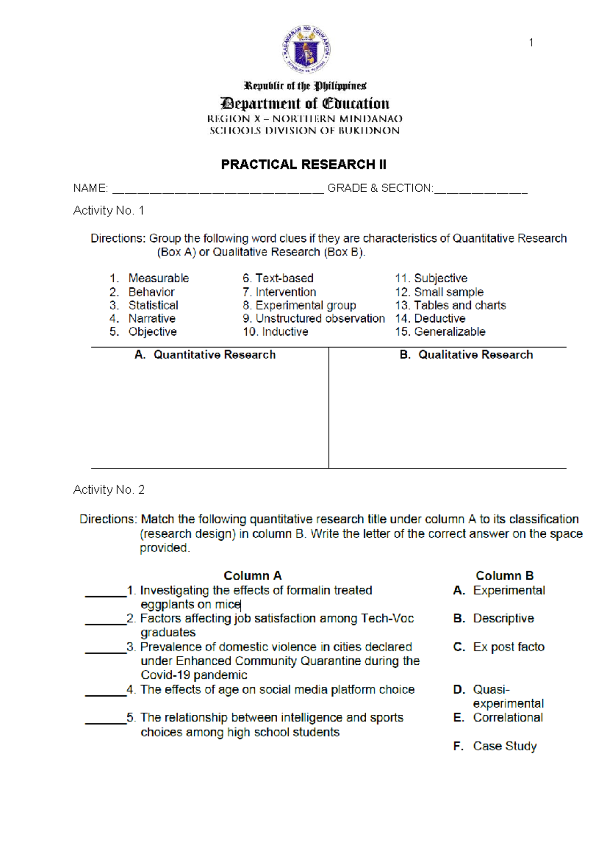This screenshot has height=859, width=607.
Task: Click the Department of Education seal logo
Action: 306,50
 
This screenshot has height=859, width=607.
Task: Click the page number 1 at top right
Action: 531,42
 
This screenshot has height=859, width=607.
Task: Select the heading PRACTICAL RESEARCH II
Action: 303,164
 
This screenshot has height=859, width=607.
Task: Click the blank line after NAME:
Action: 218,190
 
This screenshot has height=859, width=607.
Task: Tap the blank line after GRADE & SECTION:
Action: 481,190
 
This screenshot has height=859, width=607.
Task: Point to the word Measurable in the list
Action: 158,278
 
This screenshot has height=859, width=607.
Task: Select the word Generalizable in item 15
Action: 449,332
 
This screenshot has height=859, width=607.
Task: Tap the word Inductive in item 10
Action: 285,332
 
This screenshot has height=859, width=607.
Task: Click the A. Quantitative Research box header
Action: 205,355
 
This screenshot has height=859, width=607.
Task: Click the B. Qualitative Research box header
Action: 466,355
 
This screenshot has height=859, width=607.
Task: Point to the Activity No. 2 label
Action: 109,490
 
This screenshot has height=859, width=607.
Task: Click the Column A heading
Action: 252,576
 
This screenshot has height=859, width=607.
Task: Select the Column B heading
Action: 504,576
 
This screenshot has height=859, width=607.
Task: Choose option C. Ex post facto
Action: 499,647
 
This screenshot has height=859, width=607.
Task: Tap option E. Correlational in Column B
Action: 498,718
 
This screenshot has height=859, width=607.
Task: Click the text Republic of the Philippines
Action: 305,86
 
